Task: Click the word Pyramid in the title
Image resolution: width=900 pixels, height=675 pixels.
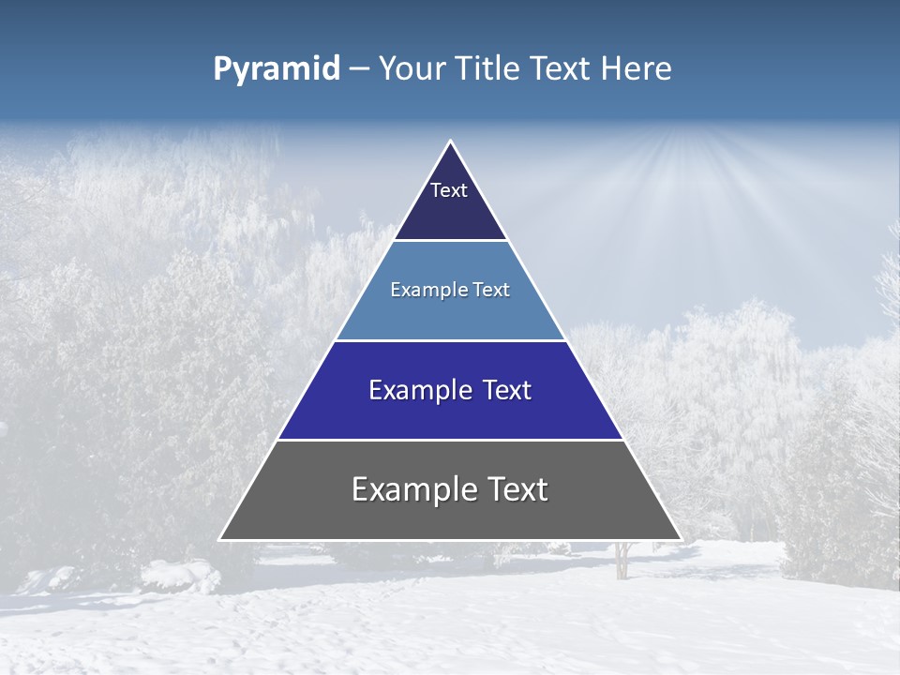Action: pos(276,69)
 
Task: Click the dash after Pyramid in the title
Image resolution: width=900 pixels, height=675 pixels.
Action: pos(358,70)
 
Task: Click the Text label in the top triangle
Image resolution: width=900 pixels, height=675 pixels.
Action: pos(449,190)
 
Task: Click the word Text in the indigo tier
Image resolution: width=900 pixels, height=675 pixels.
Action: pos(507,390)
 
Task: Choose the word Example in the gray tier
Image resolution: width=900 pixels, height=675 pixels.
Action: pos(409,489)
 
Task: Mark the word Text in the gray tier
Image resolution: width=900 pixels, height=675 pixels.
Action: pos(518,489)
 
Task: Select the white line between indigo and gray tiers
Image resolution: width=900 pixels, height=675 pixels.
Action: pos(450,440)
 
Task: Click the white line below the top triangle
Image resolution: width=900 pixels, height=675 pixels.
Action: pos(450,241)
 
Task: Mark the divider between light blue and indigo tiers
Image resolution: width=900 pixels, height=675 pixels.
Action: pos(450,340)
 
